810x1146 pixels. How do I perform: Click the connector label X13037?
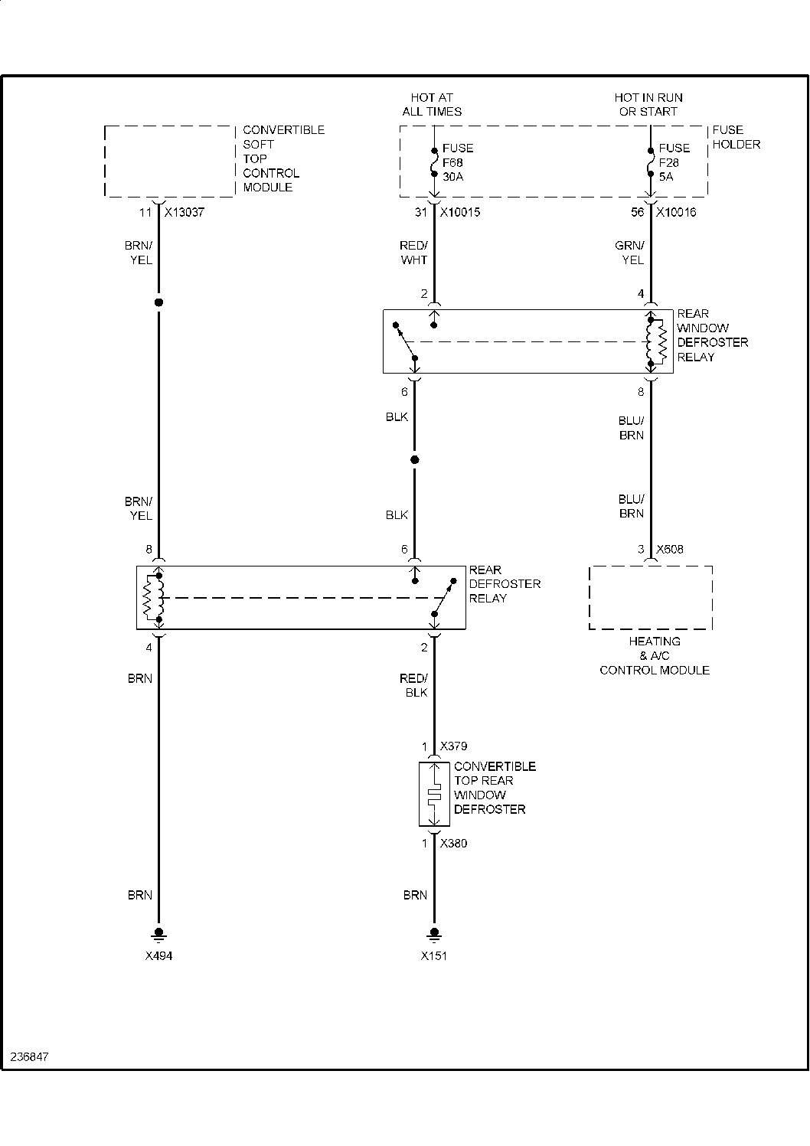(184, 213)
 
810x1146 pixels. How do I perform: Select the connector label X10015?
(459, 213)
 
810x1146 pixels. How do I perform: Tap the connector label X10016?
(676, 213)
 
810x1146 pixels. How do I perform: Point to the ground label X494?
(158, 956)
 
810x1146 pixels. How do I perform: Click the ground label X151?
(434, 956)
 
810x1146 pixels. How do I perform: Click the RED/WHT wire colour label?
(413, 253)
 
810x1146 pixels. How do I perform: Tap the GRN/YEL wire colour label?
(630, 253)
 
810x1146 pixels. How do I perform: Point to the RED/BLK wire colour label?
(413, 685)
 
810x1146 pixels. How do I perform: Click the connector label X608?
(670, 550)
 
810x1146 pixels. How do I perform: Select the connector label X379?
(453, 746)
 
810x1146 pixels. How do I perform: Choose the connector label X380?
(453, 844)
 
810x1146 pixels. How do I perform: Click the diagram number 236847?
(30, 1056)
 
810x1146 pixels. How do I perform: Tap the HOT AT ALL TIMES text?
(432, 104)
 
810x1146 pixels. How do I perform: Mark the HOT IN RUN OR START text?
(648, 104)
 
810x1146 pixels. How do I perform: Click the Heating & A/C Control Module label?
(655, 655)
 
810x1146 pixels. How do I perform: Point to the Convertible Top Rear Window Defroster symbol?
(434, 795)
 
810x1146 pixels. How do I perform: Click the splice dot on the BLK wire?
(415, 460)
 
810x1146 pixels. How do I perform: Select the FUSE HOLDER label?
(736, 137)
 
